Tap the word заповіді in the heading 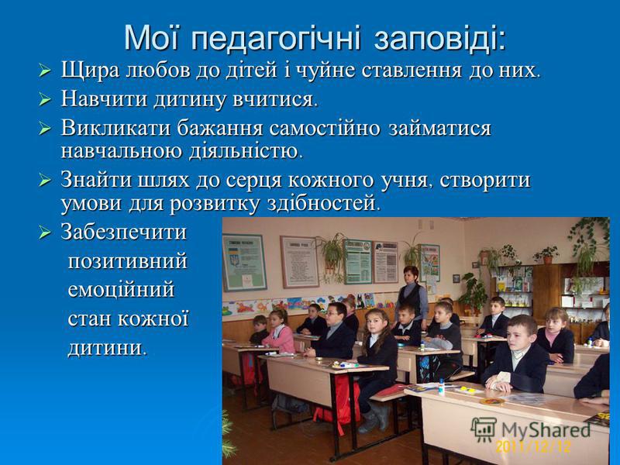pos(439,38)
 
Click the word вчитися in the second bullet pos(275,99)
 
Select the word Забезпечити pos(123,232)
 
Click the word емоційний pos(121,289)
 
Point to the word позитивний pos(127,261)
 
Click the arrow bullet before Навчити pos(45,100)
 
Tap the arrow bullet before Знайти pos(45,181)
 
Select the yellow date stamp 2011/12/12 pos(533,446)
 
